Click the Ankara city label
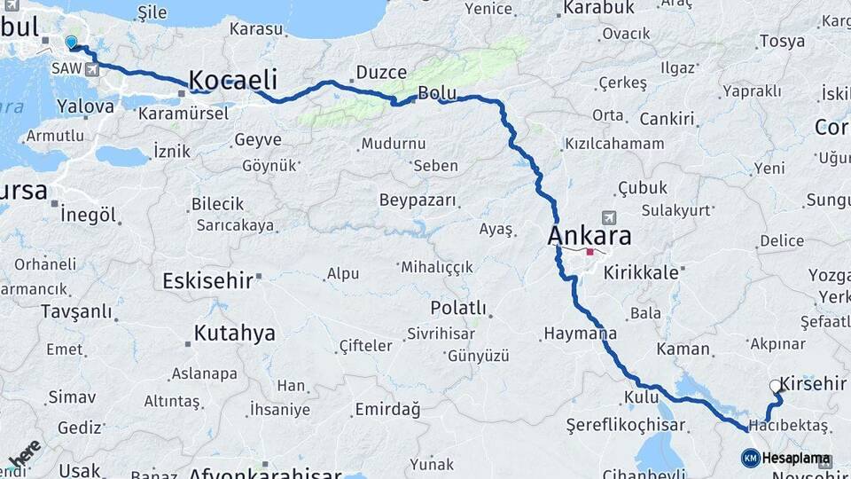coord(589,236)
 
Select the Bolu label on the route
coord(437,92)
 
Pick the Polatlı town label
coord(457,308)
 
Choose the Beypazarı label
coord(418,200)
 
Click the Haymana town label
coord(580,334)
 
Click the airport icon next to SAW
coord(92,69)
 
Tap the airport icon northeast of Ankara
coord(607,217)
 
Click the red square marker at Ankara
coord(590,252)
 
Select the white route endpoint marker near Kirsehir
coord(776,386)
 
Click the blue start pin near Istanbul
coord(71,41)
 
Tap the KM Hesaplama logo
coord(786,458)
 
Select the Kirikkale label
coord(640,273)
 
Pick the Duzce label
coord(381,73)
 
